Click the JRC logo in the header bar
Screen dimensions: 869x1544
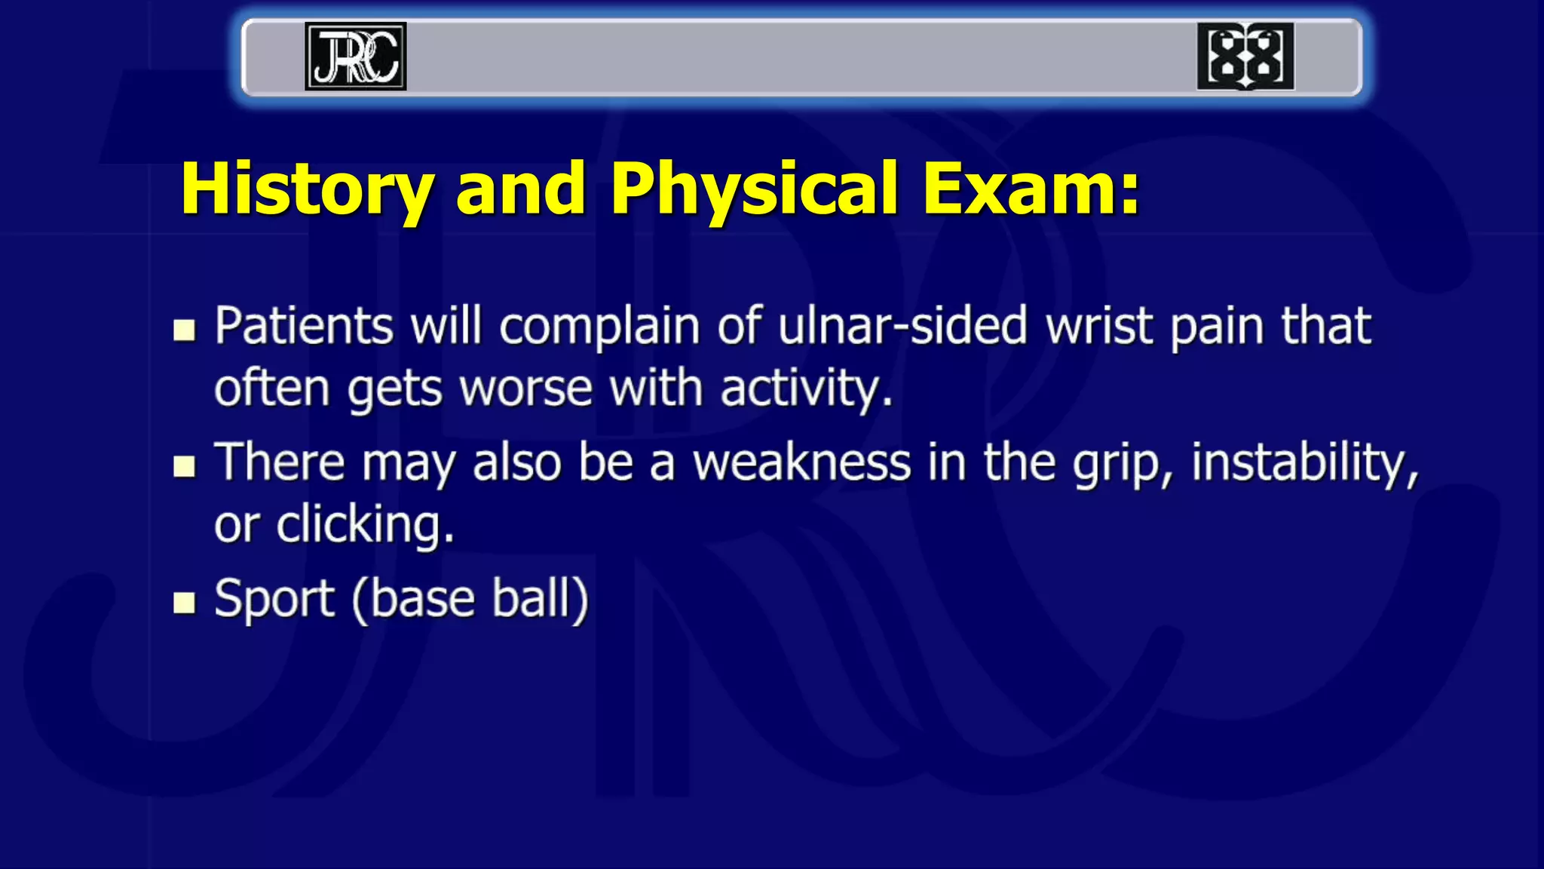[x=356, y=57]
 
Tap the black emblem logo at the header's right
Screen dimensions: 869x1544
[x=1245, y=57]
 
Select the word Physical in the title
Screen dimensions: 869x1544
[x=755, y=189]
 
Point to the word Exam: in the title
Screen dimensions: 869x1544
[x=1031, y=189]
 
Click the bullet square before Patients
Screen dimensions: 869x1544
[x=184, y=330]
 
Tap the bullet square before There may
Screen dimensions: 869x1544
[x=184, y=466]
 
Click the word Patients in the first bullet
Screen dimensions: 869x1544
[x=304, y=327]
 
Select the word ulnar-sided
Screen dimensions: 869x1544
[x=902, y=327]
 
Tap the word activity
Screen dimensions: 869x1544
[x=805, y=389]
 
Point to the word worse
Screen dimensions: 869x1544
[x=525, y=389]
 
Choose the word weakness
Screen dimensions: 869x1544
[x=801, y=462]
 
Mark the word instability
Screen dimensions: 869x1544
[x=1304, y=462]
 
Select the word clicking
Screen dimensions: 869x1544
[x=365, y=525]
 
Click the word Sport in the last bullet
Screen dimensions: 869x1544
[x=274, y=600]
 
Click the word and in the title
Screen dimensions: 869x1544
[x=521, y=189]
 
